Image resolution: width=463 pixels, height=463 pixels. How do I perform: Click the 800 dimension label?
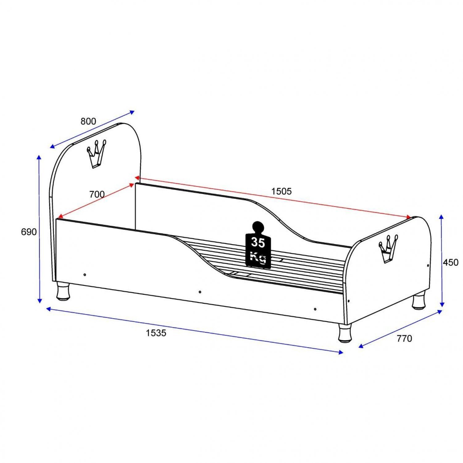88,121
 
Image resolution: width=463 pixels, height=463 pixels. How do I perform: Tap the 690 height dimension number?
29,232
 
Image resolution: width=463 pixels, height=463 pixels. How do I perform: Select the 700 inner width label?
97,194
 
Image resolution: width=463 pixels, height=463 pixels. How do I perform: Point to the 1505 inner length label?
281,191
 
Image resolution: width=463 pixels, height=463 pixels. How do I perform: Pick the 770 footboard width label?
404,339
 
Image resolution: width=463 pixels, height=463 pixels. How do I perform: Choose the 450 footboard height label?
451,262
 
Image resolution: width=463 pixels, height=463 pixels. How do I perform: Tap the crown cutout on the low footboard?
388,248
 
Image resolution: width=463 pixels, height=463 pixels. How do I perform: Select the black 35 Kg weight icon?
258,244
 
